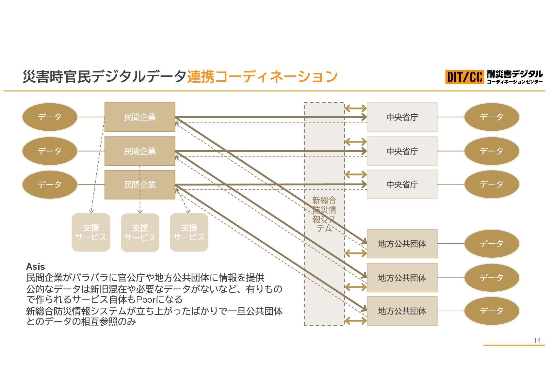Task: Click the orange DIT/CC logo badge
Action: click(464, 77)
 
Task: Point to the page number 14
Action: click(537, 340)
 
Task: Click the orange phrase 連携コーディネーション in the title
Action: click(262, 76)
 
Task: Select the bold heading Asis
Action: click(35, 267)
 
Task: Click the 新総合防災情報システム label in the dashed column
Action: click(324, 214)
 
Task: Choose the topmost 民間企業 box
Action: click(140, 117)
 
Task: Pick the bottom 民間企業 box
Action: click(140, 185)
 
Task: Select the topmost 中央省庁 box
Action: click(402, 117)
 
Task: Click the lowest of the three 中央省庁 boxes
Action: click(402, 185)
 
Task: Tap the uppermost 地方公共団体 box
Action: click(402, 244)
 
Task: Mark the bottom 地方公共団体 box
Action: click(402, 311)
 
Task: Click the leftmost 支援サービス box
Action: click(91, 232)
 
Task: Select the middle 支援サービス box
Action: click(140, 232)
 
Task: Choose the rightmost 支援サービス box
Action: click(189, 232)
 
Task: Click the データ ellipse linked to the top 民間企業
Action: click(50, 117)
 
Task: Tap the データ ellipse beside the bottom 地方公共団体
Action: click(492, 311)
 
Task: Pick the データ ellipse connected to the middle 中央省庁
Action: click(492, 151)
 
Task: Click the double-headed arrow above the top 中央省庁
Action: click(356, 108)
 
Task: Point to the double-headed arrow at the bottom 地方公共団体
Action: click(356, 321)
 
